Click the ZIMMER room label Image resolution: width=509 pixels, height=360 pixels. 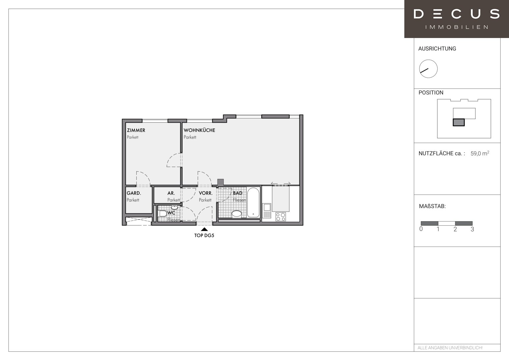(x=136, y=130)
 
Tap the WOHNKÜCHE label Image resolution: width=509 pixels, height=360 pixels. (x=199, y=130)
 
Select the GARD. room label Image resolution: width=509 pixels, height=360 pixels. (x=134, y=193)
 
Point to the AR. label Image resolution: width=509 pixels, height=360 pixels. (x=171, y=193)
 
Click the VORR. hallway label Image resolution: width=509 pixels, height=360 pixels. (x=206, y=193)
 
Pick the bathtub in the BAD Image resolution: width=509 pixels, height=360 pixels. (x=253, y=202)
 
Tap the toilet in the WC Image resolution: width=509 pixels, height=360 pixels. (x=163, y=214)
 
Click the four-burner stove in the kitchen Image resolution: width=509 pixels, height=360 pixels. (x=281, y=217)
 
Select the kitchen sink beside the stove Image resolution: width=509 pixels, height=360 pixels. (x=267, y=211)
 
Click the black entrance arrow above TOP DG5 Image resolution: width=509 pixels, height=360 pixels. (x=204, y=229)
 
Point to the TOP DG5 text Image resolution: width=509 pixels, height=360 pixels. (x=204, y=235)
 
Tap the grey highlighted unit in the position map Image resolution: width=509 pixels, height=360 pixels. (x=459, y=122)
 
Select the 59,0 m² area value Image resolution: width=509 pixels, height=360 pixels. (x=480, y=153)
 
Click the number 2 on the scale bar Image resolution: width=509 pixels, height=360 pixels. (x=455, y=229)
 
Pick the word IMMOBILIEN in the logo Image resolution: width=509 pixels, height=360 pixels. (x=457, y=27)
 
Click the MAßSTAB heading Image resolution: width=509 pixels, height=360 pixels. (x=432, y=206)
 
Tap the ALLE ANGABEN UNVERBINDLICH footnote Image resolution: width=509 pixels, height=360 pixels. (x=450, y=348)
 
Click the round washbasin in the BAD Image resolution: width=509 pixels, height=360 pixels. (x=237, y=214)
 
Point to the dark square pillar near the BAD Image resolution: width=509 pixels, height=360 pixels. (x=220, y=182)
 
